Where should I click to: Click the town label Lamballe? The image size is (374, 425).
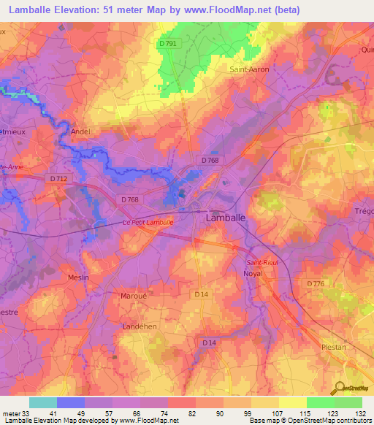point(225,218)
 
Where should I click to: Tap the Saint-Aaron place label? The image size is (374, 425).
point(249,69)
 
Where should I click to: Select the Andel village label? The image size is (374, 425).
point(81,131)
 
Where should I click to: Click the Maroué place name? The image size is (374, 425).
point(134,296)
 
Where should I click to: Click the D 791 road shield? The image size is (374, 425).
point(167,45)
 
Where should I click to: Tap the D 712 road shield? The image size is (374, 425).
point(60,177)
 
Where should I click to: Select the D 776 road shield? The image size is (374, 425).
point(316,283)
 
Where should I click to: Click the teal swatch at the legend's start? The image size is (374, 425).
point(42,402)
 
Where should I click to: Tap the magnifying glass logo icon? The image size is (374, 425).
point(339,387)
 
